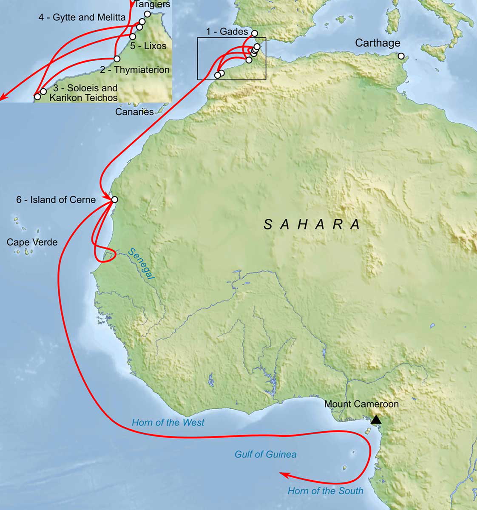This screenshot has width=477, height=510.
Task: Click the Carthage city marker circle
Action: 401,56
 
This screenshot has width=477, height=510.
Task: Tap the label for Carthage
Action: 378,43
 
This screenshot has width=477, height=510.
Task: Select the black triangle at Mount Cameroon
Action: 376,420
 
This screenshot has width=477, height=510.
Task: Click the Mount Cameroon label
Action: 361,404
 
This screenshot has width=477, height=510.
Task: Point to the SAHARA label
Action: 312,224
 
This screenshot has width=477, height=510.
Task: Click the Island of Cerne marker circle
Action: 114,200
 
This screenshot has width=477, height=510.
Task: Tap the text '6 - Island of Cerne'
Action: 56,200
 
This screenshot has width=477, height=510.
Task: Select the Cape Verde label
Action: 32,242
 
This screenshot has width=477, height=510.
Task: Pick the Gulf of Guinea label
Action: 265,454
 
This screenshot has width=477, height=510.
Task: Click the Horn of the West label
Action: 168,422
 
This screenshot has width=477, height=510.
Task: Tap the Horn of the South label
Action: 325,491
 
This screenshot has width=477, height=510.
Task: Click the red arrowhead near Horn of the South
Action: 282,473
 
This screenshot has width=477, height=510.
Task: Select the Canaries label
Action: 134,112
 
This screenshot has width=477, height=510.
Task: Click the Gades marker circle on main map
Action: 255,33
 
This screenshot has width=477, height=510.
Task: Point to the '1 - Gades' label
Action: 227,31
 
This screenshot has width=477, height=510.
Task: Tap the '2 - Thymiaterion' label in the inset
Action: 135,70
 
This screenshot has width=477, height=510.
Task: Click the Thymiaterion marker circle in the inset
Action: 117,59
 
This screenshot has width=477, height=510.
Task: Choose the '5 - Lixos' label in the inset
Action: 148,46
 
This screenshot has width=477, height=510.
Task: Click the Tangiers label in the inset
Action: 152,5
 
